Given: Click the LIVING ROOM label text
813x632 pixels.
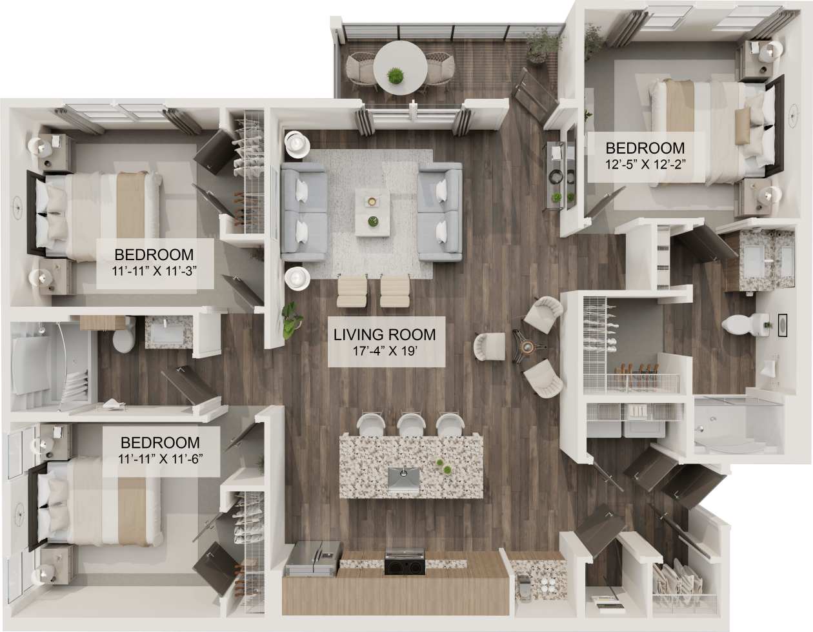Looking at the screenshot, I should click(385, 334).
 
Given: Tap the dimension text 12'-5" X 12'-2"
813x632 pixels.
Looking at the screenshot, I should click(645, 163).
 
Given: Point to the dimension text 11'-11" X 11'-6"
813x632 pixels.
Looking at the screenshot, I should click(160, 460).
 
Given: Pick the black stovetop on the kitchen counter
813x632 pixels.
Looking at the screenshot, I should click(405, 563).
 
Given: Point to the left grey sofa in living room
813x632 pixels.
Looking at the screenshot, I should click(303, 211).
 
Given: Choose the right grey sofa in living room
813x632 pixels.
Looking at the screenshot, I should click(440, 212).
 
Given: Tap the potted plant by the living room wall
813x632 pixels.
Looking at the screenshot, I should click(290, 320).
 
